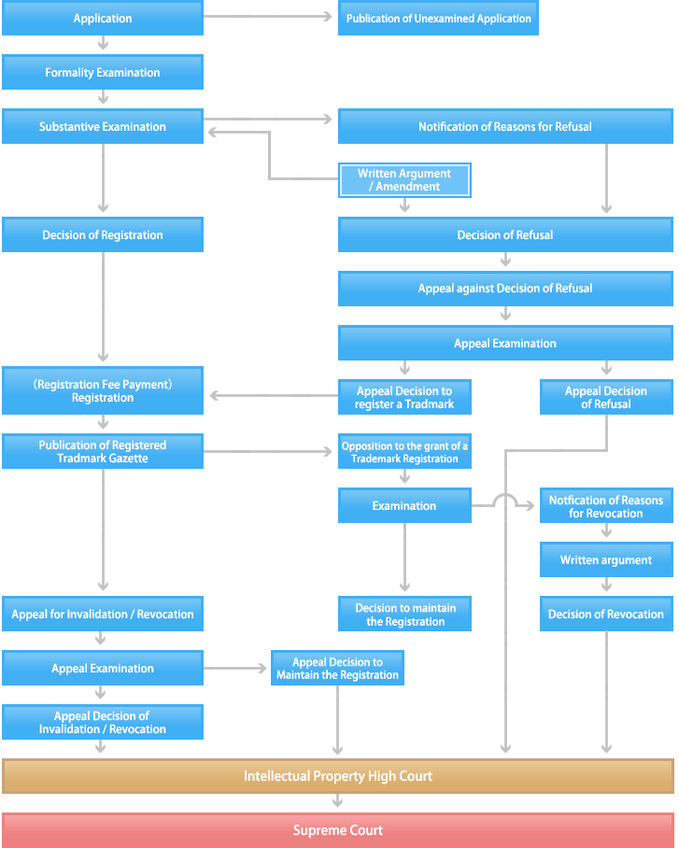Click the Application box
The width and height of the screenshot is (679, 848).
[x=103, y=19]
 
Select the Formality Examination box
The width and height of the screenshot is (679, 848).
[x=103, y=73]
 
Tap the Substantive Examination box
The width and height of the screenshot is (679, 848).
[x=103, y=127]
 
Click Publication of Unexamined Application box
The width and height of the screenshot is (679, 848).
[x=438, y=19]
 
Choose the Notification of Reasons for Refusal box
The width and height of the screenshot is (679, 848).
[x=505, y=127]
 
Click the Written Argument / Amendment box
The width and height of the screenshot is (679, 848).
[x=404, y=180]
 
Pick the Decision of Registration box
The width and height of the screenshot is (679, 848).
[x=103, y=235]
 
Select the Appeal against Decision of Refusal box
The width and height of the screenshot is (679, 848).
[x=505, y=290]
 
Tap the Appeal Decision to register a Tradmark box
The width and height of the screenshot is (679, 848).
[x=404, y=398]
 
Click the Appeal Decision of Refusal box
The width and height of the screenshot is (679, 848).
[x=606, y=398]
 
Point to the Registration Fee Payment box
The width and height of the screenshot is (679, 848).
[x=103, y=391]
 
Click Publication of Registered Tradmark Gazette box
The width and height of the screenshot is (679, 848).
[x=103, y=452]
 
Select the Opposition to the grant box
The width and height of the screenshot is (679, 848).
[x=404, y=452]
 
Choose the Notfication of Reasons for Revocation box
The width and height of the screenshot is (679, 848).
[x=606, y=506]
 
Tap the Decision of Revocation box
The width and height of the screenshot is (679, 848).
[x=606, y=615]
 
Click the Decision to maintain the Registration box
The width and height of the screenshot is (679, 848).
[x=404, y=615]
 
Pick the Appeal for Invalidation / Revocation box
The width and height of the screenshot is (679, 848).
[x=103, y=615]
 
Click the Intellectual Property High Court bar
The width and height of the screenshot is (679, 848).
[x=337, y=776]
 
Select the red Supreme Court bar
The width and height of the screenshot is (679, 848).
[x=337, y=830]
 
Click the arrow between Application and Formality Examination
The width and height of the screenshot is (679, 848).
[x=103, y=44]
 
